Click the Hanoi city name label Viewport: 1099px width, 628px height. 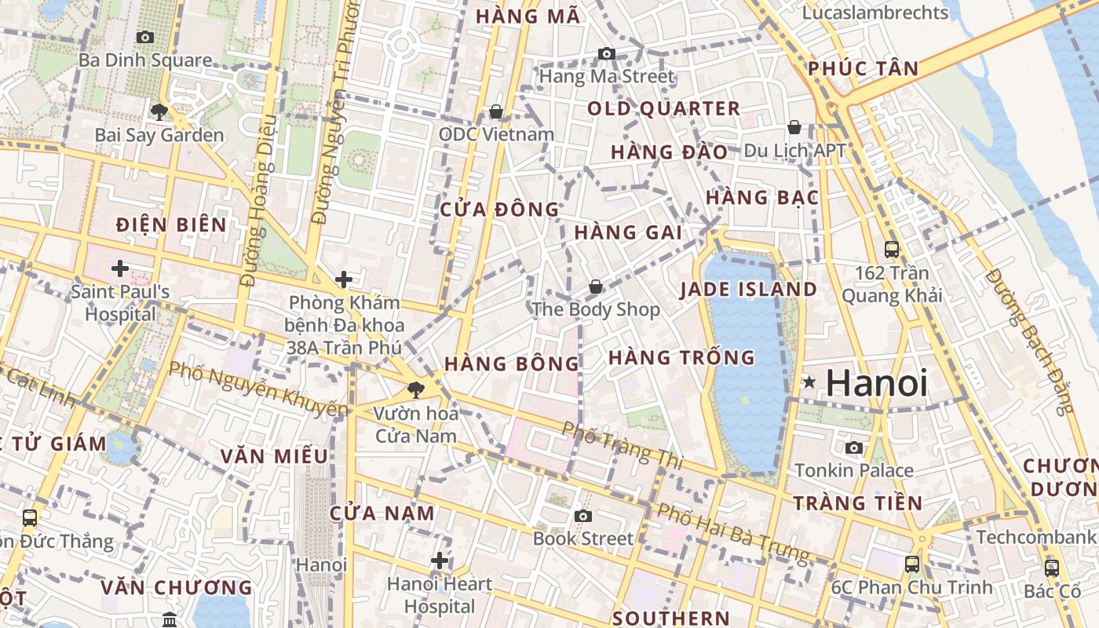click(877, 383)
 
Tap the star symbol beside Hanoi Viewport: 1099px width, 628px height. click(809, 383)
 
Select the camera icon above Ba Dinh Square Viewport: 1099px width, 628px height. click(144, 37)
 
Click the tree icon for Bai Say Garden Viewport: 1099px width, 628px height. click(159, 111)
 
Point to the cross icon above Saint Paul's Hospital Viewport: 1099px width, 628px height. click(120, 269)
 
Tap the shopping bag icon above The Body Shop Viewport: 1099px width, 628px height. click(596, 287)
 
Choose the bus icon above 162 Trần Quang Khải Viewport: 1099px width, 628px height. click(892, 250)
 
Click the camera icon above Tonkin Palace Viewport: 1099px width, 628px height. click(854, 447)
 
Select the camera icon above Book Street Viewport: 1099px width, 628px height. click(582, 516)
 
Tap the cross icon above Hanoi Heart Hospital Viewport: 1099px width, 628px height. click(440, 560)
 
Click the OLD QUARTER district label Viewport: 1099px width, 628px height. click(663, 108)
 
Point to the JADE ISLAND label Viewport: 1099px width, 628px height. click(748, 289)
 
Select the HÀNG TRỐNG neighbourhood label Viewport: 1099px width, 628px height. click(681, 358)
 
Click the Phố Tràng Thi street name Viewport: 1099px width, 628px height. click(608, 442)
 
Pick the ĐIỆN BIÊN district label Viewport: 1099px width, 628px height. click(171, 225)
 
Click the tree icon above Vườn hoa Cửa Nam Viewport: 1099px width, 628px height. click(415, 389)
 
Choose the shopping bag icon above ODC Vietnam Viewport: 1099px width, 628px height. click(496, 111)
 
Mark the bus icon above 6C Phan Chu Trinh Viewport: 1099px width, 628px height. click(912, 564)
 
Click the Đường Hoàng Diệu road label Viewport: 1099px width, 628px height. click(260, 200)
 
